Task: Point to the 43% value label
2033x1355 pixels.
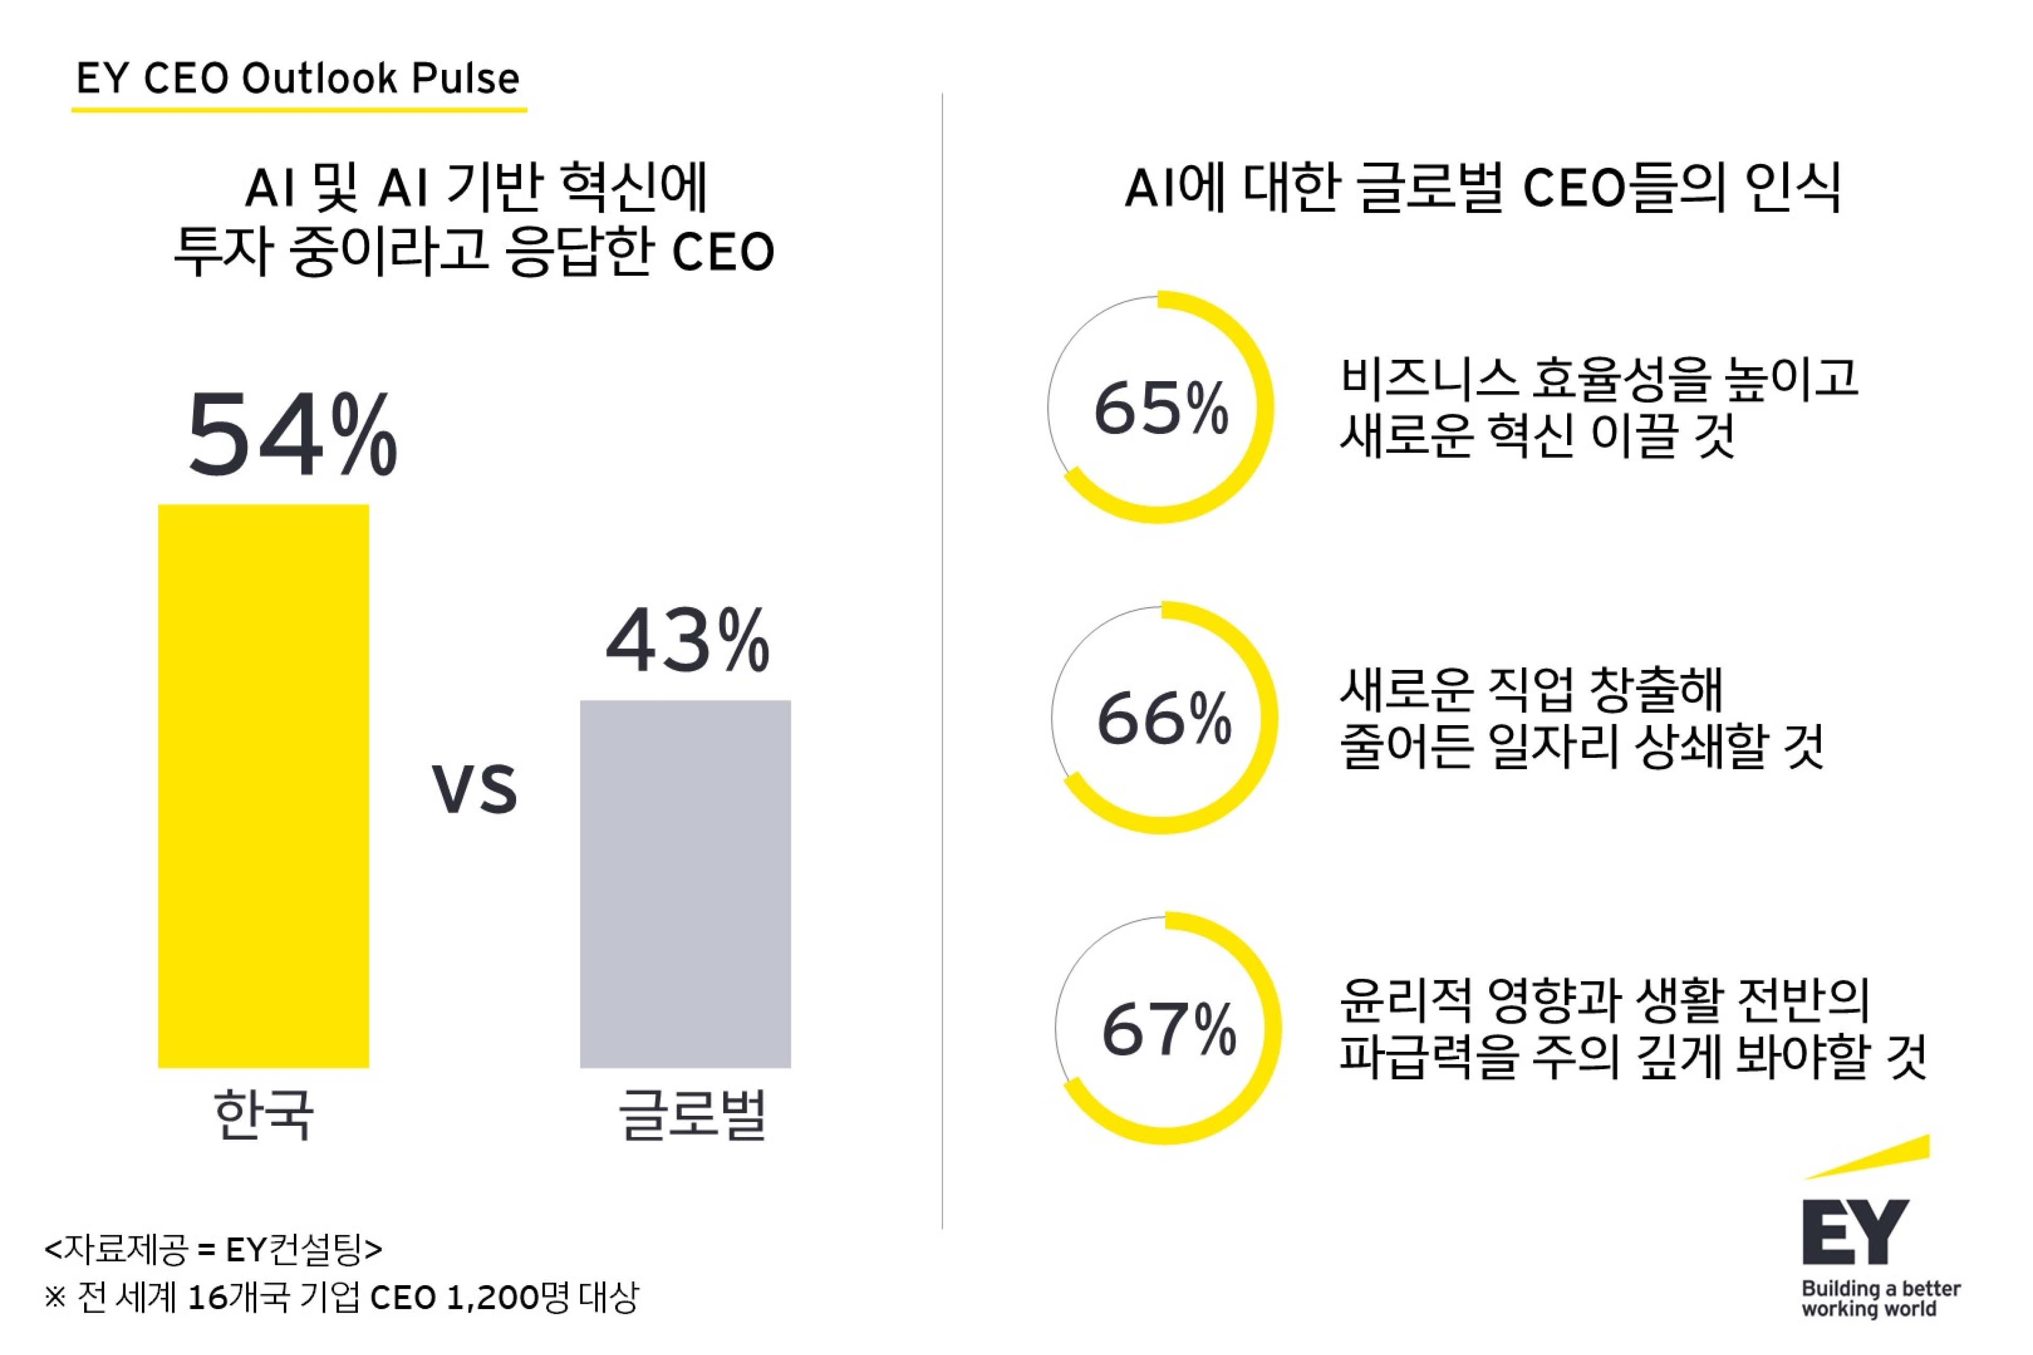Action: (x=687, y=640)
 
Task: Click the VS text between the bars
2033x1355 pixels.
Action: (x=474, y=789)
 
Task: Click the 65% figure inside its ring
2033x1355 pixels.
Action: (x=1161, y=408)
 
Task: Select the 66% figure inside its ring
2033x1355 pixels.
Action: (x=1164, y=718)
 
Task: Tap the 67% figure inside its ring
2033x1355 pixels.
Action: (x=1168, y=1028)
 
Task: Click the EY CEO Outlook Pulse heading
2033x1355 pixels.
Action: (x=298, y=79)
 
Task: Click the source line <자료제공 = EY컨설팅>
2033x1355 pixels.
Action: (x=213, y=1248)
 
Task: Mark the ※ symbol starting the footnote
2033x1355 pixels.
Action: (x=55, y=1297)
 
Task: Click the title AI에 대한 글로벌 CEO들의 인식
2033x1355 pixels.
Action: (x=1482, y=187)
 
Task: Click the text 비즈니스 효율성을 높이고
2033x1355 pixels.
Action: (x=1599, y=378)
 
